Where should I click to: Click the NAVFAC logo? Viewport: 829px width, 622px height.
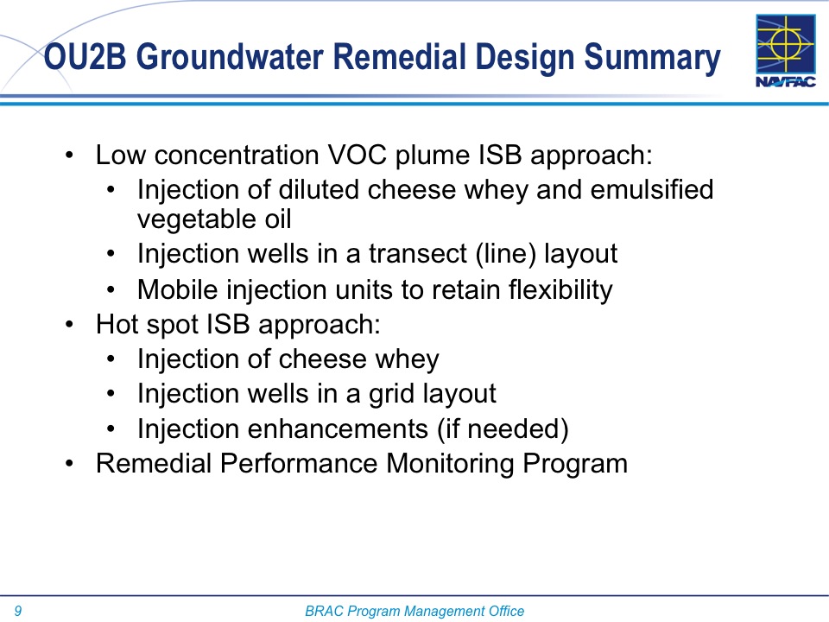[x=786, y=51]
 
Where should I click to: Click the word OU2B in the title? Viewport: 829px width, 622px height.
[x=85, y=57]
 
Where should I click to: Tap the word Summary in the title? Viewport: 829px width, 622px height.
[x=652, y=59]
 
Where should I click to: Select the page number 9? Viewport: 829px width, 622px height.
[x=18, y=611]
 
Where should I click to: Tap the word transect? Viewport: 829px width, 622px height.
[x=418, y=254]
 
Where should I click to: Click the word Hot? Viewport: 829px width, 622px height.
[x=117, y=324]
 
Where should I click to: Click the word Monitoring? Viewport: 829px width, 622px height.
[x=450, y=464]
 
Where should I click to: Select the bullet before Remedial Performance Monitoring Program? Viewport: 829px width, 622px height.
[x=69, y=464]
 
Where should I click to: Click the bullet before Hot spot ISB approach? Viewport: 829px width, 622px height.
[x=69, y=324]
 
